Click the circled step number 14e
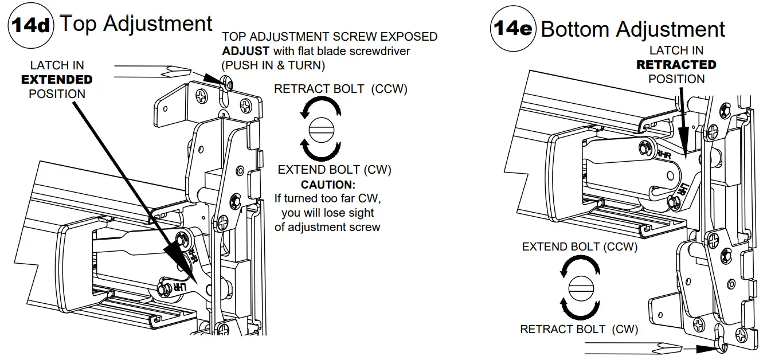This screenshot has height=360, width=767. tap(513, 29)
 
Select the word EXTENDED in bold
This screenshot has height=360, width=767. tap(57, 80)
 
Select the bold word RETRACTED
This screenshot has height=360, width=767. tap(676, 65)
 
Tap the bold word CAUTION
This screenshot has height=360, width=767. tap(328, 185)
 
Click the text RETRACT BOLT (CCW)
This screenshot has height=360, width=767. tap(341, 89)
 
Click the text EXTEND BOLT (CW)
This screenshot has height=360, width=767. tap(334, 170)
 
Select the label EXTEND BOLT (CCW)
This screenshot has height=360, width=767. tap(580, 247)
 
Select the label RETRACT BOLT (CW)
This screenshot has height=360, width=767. tap(579, 329)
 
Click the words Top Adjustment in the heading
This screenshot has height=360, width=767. tap(136, 24)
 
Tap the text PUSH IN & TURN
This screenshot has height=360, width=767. tap(273, 65)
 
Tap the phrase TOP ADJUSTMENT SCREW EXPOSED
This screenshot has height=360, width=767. tap(330, 37)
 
